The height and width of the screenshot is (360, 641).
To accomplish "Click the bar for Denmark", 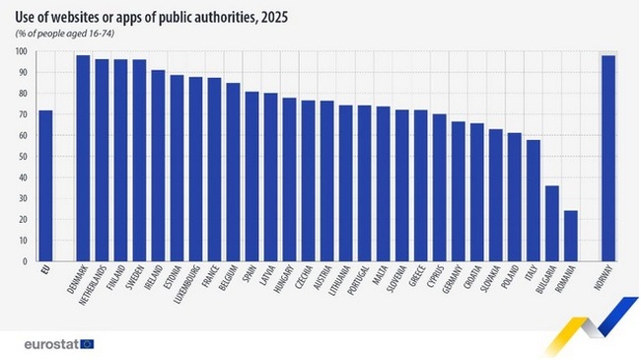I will click(83, 159).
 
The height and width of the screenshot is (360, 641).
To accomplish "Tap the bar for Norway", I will click(608, 159).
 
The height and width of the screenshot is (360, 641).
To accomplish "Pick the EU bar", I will click(45, 186).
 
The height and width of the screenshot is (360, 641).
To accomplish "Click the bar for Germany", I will click(459, 191).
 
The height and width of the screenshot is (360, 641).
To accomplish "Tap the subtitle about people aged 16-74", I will click(69, 36).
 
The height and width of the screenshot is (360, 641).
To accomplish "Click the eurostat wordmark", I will click(50, 343).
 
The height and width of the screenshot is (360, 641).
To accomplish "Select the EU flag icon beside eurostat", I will click(88, 343).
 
